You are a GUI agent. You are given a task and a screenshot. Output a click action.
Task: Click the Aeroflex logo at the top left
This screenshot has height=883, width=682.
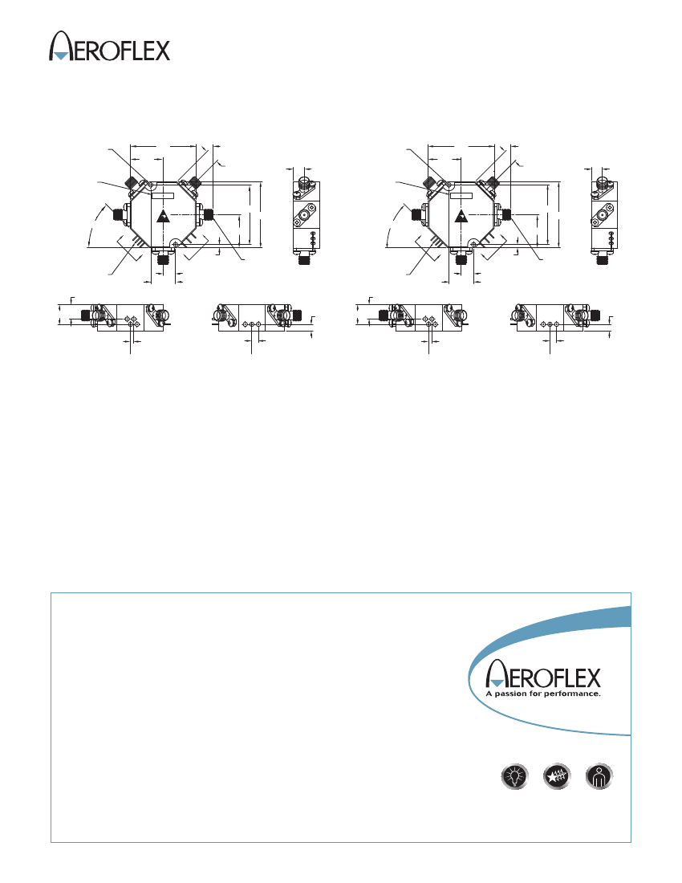click(109, 47)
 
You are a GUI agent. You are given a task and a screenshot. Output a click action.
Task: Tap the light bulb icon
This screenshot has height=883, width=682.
click(514, 776)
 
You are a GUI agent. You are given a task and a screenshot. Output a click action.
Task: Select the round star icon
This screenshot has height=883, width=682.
click(557, 776)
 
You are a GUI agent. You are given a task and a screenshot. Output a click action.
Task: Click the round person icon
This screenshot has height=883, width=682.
click(599, 776)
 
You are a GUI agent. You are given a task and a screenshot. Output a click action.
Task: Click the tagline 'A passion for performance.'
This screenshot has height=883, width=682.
click(543, 694)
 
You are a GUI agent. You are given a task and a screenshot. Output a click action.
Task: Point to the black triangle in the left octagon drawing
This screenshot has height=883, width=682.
click(163, 216)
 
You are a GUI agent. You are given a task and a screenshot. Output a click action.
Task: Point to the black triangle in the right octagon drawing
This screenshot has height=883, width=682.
click(461, 216)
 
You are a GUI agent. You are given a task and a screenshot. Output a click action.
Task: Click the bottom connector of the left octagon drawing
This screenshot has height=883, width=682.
click(164, 258)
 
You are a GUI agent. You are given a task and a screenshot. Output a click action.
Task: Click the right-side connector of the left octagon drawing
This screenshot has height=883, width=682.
click(207, 214)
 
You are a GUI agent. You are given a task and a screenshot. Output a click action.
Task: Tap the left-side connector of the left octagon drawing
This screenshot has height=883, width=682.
click(120, 214)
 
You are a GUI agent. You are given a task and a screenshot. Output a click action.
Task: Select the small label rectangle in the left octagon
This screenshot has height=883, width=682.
click(163, 195)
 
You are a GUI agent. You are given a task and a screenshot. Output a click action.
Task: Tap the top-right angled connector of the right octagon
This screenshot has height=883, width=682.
click(493, 182)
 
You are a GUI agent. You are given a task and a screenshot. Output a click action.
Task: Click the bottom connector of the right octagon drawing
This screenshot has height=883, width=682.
click(462, 258)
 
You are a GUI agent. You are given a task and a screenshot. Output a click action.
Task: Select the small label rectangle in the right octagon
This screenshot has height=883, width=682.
click(461, 195)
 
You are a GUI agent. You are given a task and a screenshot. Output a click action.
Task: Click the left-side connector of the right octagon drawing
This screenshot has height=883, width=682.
click(417, 214)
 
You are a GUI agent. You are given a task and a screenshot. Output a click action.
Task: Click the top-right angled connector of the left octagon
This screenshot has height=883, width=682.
click(195, 182)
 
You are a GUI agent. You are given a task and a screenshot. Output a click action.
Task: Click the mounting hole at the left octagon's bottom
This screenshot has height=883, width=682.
click(177, 244)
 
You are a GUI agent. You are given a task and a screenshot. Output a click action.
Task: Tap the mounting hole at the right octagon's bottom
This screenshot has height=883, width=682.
click(475, 244)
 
